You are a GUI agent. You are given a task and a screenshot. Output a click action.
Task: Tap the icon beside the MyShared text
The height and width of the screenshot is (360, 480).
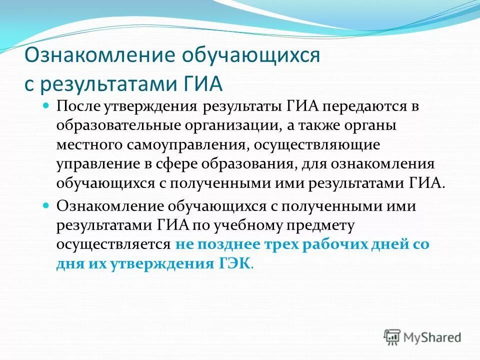point(392,337)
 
